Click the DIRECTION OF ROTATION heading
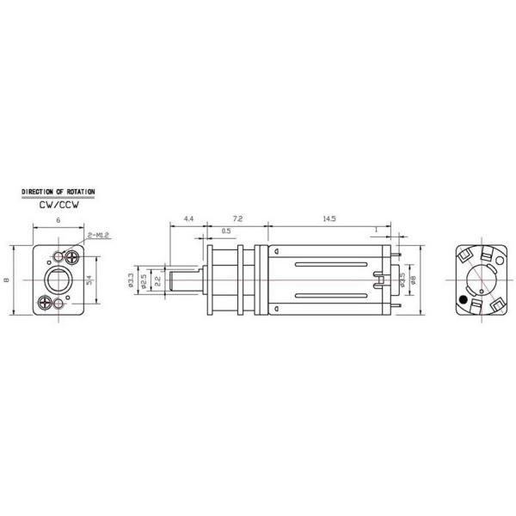58,191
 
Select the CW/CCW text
58,206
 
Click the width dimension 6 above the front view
58,221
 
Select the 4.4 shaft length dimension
188,220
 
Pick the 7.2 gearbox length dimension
238,220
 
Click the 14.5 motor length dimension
329,220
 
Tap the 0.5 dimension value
226,231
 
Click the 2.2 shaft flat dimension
157,280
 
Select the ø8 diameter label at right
414,280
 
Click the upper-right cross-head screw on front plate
73,256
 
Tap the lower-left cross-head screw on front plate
44,302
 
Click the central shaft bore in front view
58,280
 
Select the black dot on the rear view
464,300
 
